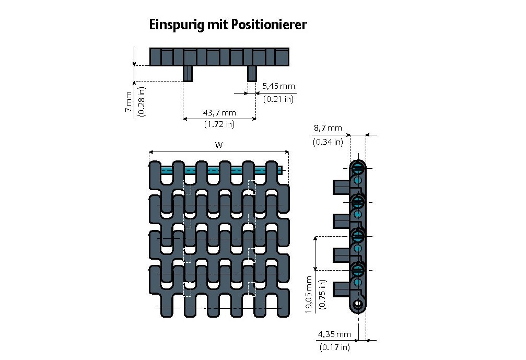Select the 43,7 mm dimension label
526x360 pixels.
tap(219, 112)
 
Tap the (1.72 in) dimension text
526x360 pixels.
tap(219, 124)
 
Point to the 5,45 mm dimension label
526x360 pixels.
tap(278, 86)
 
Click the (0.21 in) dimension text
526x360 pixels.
tap(278, 98)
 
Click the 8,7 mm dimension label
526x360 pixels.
tap(328, 128)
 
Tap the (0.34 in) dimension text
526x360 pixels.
tap(328, 141)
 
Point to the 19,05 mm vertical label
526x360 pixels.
tap(309, 294)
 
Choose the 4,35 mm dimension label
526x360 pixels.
tap(334, 334)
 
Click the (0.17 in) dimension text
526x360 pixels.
tap(334, 346)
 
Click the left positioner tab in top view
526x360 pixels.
tap(188, 73)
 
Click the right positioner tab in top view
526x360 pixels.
tap(252, 73)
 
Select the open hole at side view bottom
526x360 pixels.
tap(357, 304)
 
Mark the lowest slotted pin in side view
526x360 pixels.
tap(358, 270)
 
